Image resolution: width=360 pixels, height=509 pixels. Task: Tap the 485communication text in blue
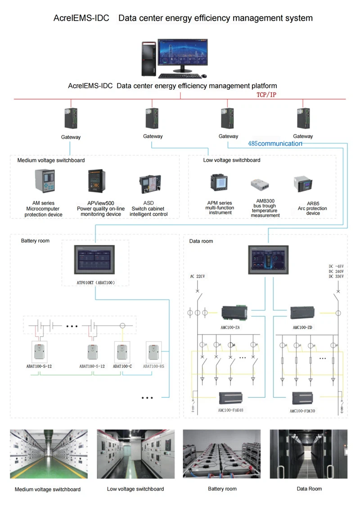pos(275,144)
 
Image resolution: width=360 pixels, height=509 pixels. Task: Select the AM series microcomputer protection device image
pos(45,181)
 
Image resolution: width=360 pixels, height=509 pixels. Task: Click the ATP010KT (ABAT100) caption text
pos(95,283)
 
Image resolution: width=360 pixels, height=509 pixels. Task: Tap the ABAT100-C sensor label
pos(122,366)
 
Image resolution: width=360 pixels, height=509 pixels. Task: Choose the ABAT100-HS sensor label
pos(154,366)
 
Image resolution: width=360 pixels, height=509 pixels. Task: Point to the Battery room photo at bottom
pos(221,454)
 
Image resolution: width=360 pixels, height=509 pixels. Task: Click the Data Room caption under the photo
pos(309,489)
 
